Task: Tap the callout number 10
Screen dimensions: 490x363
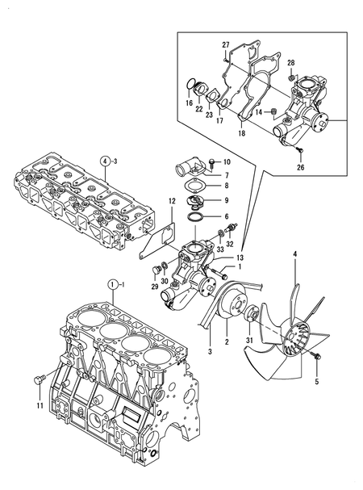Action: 227,162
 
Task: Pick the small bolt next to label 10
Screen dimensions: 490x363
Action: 210,164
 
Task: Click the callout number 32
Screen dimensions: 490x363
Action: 230,245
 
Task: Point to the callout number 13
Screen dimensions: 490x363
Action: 240,258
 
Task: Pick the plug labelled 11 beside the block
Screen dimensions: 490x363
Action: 37,379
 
